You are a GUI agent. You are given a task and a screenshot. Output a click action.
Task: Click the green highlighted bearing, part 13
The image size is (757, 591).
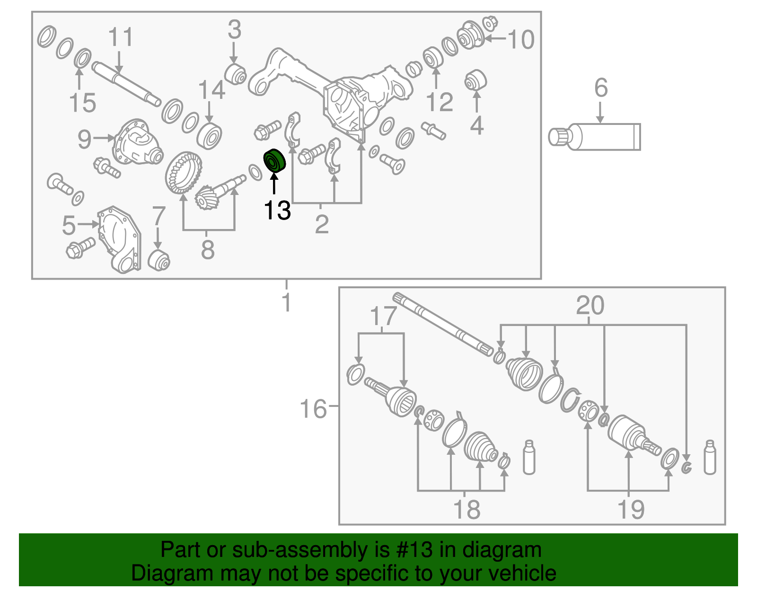[274, 160]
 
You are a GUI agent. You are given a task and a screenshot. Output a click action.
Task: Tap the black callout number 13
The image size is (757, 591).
[277, 211]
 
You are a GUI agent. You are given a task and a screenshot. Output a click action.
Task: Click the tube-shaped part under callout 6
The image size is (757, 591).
[594, 137]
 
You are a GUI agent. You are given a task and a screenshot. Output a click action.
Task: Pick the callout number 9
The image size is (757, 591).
[85, 139]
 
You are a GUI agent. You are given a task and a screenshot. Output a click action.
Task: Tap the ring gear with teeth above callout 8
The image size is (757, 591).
[183, 172]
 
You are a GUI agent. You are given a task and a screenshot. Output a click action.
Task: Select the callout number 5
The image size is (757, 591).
[69, 225]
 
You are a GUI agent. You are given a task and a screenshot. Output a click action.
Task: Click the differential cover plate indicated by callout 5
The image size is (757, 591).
[120, 239]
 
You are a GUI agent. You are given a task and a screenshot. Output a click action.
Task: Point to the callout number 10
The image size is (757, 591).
[521, 39]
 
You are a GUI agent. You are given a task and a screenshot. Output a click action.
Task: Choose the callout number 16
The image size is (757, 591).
[313, 408]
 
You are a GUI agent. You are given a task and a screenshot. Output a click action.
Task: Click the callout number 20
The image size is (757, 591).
[590, 305]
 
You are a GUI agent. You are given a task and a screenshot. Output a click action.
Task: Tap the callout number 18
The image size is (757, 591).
[467, 510]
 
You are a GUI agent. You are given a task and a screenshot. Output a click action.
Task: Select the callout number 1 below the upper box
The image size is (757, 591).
[286, 302]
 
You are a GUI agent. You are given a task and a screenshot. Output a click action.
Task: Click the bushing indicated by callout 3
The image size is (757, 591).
[235, 74]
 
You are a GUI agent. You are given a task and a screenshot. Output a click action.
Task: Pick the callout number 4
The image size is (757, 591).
[476, 125]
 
